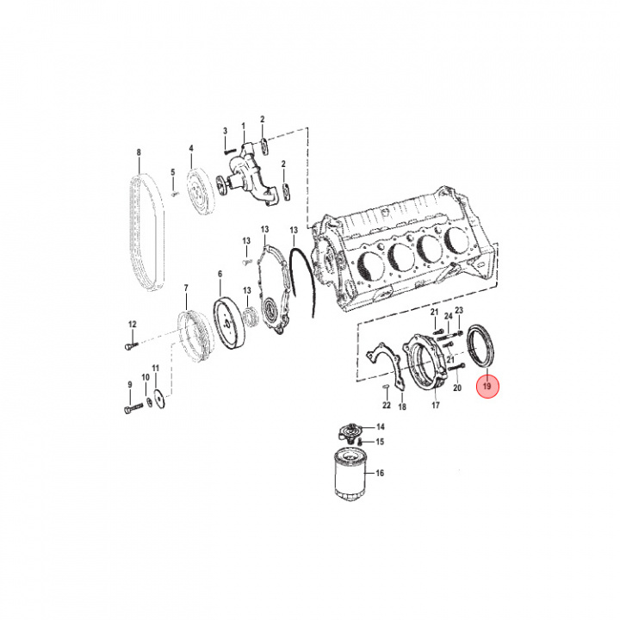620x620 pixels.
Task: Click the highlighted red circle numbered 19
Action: coord(487,388)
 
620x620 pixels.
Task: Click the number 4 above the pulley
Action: coord(191,147)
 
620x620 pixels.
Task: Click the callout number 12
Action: coord(133,324)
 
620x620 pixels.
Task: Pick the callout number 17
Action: coord(436,404)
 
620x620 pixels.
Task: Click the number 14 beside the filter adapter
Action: coord(380,427)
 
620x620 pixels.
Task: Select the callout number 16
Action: coord(380,474)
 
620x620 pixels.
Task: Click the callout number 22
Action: coord(387,405)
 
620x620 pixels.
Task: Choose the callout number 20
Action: coord(457,388)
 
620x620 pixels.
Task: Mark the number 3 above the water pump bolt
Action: coord(225,130)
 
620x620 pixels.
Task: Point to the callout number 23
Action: coord(459,311)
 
